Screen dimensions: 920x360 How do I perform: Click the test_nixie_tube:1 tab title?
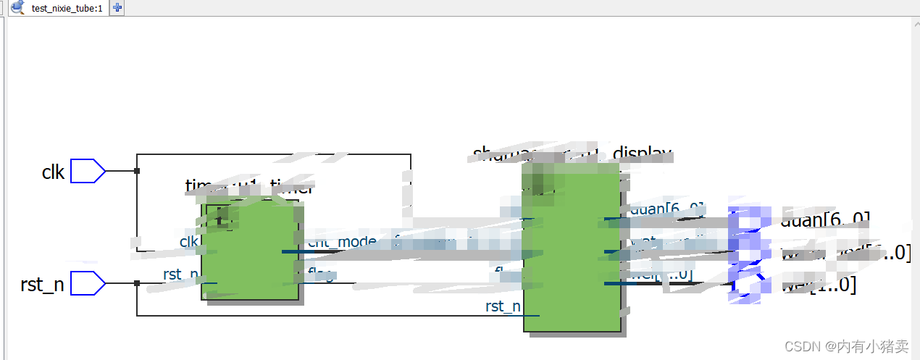pyautogui.click(x=67, y=8)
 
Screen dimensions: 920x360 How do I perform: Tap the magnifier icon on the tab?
pyautogui.click(x=17, y=8)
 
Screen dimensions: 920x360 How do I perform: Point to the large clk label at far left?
pyautogui.click(x=53, y=172)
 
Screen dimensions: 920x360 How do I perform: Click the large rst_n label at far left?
pyautogui.click(x=42, y=285)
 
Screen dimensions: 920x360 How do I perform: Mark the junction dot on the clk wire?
pyautogui.click(x=137, y=172)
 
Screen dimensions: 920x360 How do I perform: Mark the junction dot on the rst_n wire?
pyautogui.click(x=137, y=283)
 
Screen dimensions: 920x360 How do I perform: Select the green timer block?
pyautogui.click(x=251, y=250)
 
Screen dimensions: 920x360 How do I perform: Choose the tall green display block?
pyautogui.click(x=572, y=247)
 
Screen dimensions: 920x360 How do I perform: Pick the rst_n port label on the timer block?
pyautogui.click(x=180, y=275)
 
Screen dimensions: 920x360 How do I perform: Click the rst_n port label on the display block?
pyautogui.click(x=503, y=306)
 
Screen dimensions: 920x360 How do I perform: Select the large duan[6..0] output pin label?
pyautogui.click(x=826, y=219)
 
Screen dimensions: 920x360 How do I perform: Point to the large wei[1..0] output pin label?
pyautogui.click(x=819, y=285)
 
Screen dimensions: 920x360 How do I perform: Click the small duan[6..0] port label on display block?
pyautogui.click(x=667, y=210)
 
